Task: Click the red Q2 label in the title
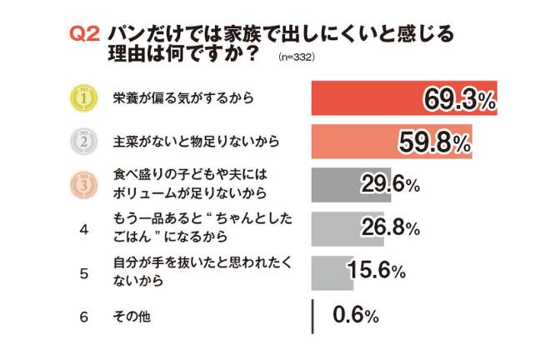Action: (85, 35)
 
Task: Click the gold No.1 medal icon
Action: (82, 99)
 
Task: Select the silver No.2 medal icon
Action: (82, 142)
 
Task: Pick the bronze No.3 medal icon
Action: (82, 186)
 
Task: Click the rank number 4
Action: (83, 229)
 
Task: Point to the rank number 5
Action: (83, 272)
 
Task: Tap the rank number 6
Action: (83, 317)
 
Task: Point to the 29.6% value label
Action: (389, 186)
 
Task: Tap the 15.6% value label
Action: (374, 272)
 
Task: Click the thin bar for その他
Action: (312, 317)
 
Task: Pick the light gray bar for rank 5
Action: (331, 272)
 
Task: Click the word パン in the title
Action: (122, 35)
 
